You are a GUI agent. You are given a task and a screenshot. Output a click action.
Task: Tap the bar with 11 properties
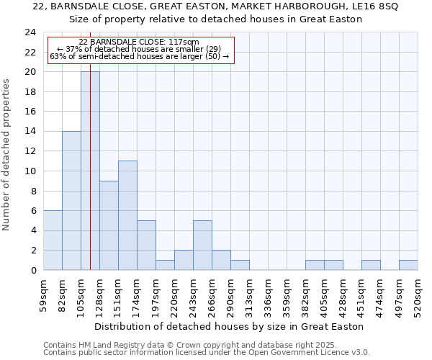pyautogui.click(x=127, y=215)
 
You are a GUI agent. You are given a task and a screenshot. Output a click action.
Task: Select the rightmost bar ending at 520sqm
pyautogui.click(x=408, y=265)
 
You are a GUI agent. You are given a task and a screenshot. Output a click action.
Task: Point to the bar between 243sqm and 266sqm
pyautogui.click(x=202, y=245)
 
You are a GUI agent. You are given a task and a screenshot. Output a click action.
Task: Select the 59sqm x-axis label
pyautogui.click(x=43, y=294)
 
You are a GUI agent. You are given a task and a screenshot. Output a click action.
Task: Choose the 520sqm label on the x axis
pyautogui.click(x=418, y=294)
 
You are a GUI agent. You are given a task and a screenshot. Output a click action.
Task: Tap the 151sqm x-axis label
pyautogui.click(x=118, y=294)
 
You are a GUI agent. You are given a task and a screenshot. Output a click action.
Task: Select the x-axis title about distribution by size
pyautogui.click(x=230, y=326)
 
